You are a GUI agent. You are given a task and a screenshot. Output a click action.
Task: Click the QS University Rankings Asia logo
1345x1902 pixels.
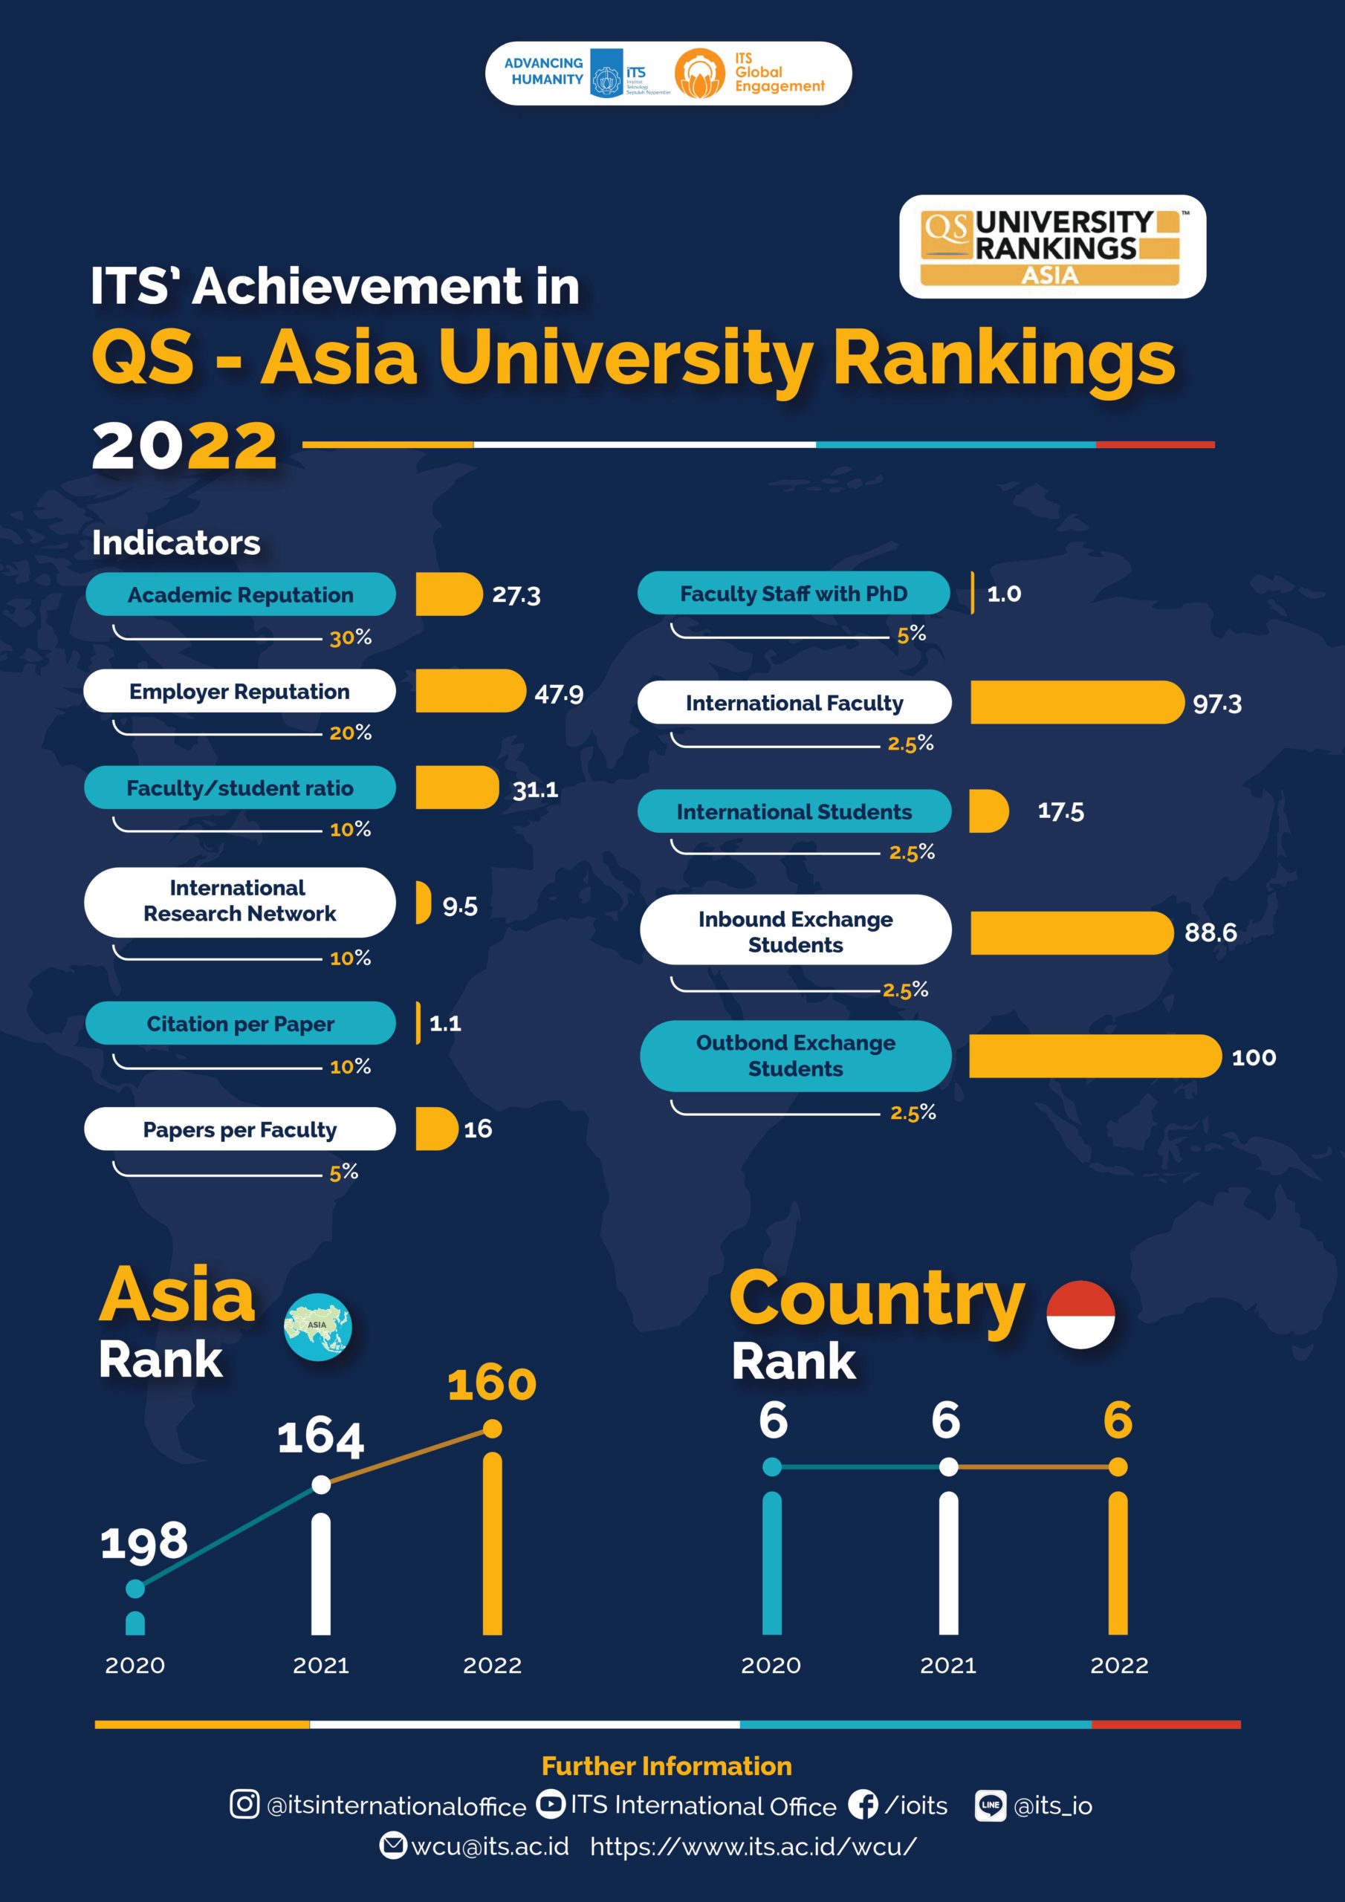click(1051, 247)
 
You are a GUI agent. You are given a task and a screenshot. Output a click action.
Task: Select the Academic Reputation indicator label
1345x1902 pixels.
click(240, 595)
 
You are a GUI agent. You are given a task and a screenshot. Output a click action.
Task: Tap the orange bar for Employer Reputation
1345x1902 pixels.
click(470, 691)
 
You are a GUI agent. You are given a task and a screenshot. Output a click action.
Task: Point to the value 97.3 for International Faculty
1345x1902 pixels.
click(1216, 704)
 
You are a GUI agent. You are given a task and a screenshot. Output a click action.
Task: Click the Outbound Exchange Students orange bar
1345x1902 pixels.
click(1094, 1057)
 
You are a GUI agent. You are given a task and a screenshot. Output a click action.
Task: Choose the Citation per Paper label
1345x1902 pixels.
click(240, 1024)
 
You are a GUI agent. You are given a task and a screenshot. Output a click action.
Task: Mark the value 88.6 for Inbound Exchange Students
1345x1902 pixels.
click(1210, 932)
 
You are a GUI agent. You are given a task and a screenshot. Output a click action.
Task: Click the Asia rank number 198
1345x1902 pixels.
click(144, 1542)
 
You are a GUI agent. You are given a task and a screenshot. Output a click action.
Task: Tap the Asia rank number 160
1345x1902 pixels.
click(491, 1384)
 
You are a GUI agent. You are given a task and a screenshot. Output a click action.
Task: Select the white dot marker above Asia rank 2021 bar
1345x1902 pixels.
click(321, 1484)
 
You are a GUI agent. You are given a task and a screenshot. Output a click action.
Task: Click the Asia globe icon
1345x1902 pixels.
click(317, 1326)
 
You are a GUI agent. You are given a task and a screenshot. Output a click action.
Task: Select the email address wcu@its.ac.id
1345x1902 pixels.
click(490, 1846)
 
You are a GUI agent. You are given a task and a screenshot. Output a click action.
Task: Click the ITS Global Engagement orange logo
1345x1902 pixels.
click(699, 74)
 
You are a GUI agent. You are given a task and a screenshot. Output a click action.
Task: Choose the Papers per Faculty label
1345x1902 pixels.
click(240, 1129)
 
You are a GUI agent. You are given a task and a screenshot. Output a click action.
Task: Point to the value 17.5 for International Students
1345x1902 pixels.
click(1060, 811)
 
